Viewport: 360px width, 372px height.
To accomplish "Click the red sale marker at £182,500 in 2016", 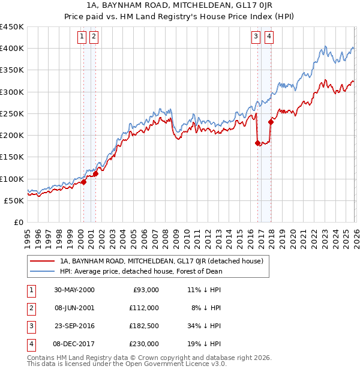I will click(x=257, y=143).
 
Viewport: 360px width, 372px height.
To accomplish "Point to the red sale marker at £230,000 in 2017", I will click(x=271, y=122).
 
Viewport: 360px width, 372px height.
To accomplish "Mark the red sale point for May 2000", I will click(x=84, y=182).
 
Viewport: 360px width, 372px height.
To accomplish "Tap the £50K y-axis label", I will click(x=14, y=200).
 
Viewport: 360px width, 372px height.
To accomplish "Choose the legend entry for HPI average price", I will click(x=141, y=271).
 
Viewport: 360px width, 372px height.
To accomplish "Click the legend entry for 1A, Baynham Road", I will click(x=161, y=261).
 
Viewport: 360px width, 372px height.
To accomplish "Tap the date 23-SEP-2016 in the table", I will click(x=74, y=327).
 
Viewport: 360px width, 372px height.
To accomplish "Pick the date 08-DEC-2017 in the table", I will click(x=74, y=344).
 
